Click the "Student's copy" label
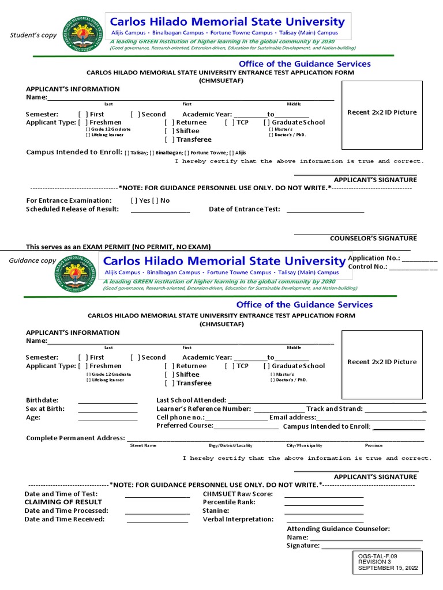pyautogui.click(x=33, y=35)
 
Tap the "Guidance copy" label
pyautogui.click(x=33, y=261)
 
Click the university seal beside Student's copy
pyautogui.click(x=85, y=32)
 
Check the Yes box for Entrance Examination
pyautogui.click(x=134, y=201)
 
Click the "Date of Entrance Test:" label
pyautogui.click(x=244, y=209)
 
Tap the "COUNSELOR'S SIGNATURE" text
pyautogui.click(x=373, y=238)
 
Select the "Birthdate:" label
pyautogui.click(x=42, y=400)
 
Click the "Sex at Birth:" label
pyautogui.click(x=45, y=409)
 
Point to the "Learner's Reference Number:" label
pyautogui.click(x=204, y=409)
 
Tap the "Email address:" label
pyautogui.click(x=292, y=418)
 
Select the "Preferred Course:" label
pyautogui.click(x=185, y=426)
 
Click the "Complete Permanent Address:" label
pyautogui.click(x=75, y=438)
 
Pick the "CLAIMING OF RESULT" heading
pyautogui.click(x=55, y=502)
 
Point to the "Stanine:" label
pyautogui.click(x=216, y=511)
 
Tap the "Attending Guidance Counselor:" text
pyautogui.click(x=338, y=529)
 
